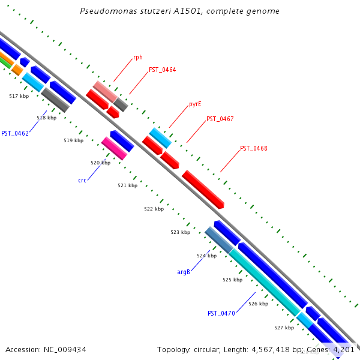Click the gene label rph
[x=138, y=58]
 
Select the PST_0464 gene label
[x=162, y=70]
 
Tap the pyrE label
[x=195, y=104]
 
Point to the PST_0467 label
[x=220, y=119]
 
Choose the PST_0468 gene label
[x=253, y=148]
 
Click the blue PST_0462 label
[x=15, y=133]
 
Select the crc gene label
[x=82, y=180]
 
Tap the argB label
[x=184, y=272]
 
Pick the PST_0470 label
[x=221, y=313]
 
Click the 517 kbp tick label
[x=19, y=96]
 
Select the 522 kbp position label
[x=154, y=209]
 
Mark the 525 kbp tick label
[x=232, y=280]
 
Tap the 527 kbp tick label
[x=284, y=328]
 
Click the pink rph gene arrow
[x=105, y=91]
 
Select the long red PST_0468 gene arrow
[x=203, y=189]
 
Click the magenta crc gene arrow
[x=114, y=148]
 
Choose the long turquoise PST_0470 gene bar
[x=264, y=282]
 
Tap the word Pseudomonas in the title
[x=105, y=11]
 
